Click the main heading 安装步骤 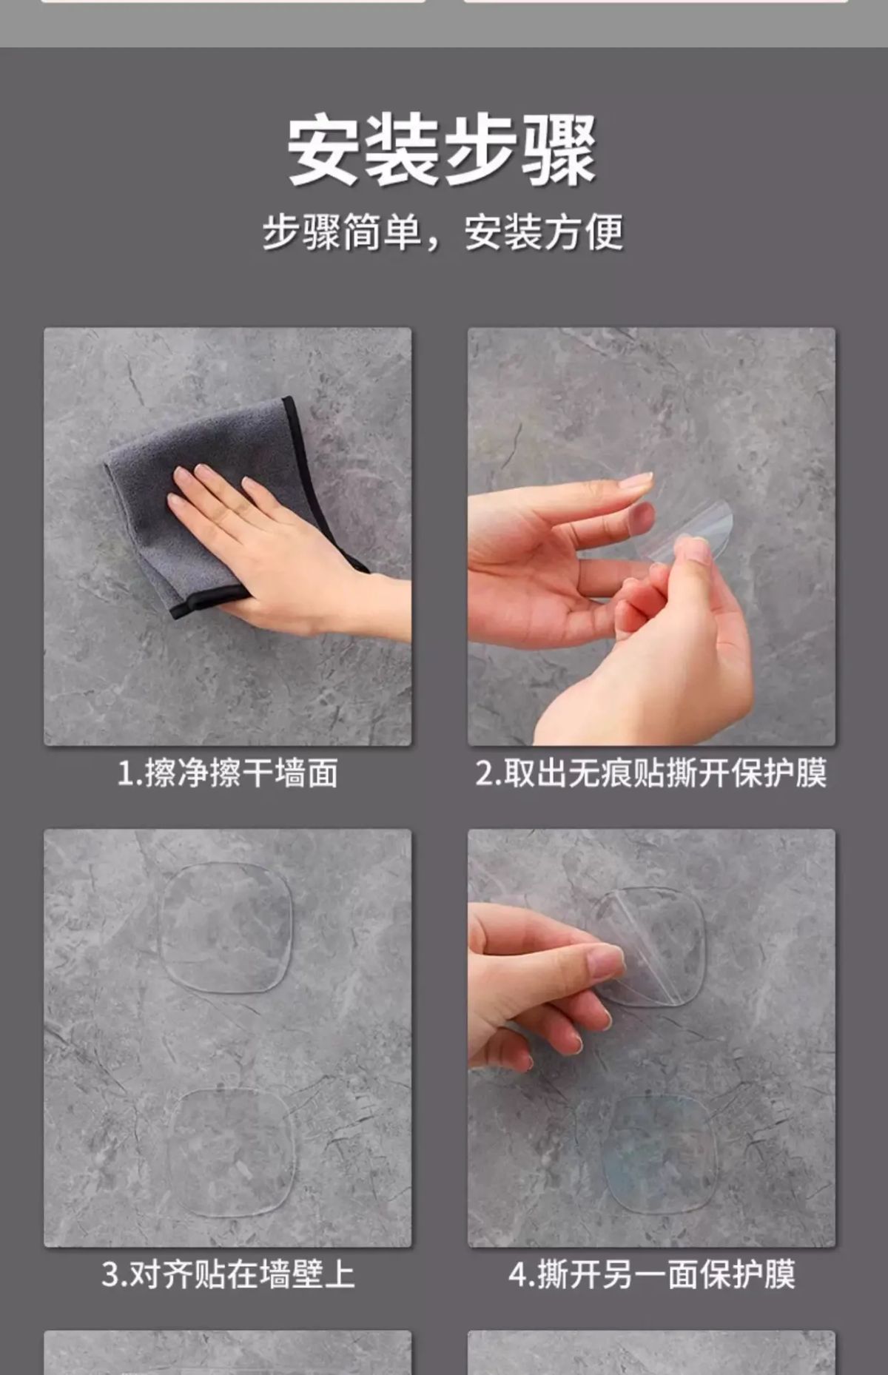coord(442,150)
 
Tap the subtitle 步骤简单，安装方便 coord(443,232)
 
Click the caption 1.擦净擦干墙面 coord(228,773)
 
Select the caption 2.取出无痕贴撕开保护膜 coord(651,773)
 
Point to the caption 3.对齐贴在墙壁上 coord(228,1274)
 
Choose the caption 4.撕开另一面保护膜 coord(651,1274)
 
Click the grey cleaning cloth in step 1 coord(222,503)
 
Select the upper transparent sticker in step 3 coord(226,928)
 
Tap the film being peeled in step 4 coord(651,947)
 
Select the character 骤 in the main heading coord(559,151)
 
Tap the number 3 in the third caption coord(110,1275)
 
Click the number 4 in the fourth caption coord(518,1275)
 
